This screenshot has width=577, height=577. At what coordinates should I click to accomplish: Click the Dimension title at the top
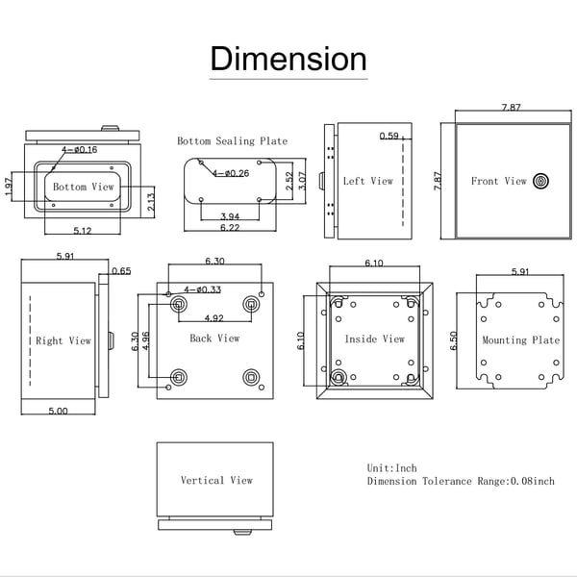[288, 59]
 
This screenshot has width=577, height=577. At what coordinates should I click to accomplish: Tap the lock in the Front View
[540, 181]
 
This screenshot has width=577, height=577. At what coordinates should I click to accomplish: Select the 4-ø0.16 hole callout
[80, 149]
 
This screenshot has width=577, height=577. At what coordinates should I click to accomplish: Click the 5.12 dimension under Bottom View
[83, 231]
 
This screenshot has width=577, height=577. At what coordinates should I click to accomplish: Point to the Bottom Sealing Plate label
[232, 141]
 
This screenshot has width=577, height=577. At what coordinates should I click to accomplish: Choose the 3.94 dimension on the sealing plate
[230, 216]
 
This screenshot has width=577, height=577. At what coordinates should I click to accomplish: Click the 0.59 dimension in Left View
[389, 136]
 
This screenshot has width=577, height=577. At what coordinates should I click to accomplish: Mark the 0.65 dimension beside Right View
[121, 271]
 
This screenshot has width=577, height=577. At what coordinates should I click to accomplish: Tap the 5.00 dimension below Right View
[58, 411]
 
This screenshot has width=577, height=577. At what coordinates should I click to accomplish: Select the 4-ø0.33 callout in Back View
[202, 289]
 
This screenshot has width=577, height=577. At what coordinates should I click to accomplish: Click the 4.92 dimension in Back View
[214, 318]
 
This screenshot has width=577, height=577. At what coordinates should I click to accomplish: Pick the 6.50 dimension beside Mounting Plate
[453, 340]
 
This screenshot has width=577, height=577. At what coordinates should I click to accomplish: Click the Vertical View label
[216, 480]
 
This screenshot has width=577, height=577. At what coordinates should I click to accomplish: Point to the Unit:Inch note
[392, 468]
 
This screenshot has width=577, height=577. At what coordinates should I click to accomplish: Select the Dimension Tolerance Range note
[461, 481]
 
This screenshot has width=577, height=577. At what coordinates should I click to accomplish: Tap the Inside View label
[375, 339]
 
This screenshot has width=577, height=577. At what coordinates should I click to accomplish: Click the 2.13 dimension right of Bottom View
[151, 202]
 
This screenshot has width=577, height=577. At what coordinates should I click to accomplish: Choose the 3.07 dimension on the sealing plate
[302, 181]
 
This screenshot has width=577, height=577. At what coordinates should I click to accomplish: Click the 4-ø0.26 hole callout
[231, 173]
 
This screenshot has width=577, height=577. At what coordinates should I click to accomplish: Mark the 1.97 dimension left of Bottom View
[9, 187]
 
